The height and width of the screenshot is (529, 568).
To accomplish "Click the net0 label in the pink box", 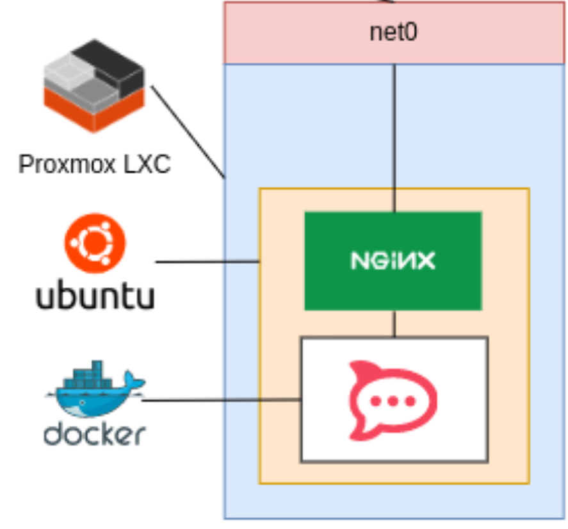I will (x=393, y=32).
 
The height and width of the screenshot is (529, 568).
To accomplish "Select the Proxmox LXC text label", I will (x=94, y=165).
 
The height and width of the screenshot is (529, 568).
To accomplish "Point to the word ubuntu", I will (x=95, y=296).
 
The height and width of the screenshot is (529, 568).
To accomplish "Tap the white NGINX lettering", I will (x=393, y=260).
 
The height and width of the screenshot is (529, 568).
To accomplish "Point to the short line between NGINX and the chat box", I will (x=394, y=323).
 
